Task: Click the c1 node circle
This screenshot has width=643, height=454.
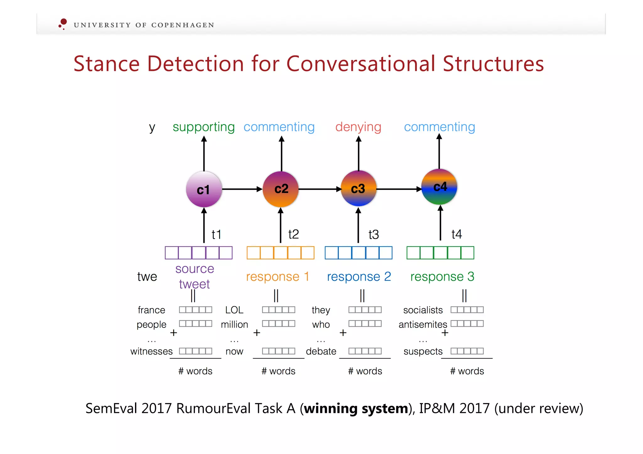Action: coord(204,189)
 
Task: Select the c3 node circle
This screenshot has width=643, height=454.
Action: coord(358,188)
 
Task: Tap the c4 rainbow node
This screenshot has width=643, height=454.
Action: coord(439,187)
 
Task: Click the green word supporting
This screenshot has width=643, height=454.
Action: coord(203,127)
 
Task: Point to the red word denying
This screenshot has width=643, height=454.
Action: coord(358,127)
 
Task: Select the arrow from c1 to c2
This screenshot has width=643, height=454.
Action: coord(242,189)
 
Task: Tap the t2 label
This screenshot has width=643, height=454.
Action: coord(293,234)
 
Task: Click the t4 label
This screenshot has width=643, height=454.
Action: coord(457,234)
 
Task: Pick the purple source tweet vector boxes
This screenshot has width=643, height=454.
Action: coord(198,253)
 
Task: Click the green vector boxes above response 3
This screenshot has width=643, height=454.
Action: coord(440,253)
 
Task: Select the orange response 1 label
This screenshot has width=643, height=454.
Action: coord(278,277)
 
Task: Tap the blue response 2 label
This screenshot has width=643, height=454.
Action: coord(359,277)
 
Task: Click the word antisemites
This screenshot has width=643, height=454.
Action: coord(423,324)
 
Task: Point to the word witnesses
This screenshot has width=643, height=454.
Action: coord(151,351)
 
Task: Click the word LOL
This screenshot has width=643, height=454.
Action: coord(234,310)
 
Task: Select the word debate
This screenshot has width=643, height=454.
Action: coord(321,351)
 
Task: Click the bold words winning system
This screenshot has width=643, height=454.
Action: coord(356,409)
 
